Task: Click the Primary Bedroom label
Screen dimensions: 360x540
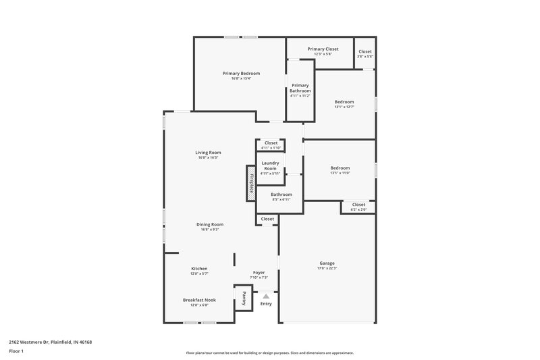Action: click(x=241, y=73)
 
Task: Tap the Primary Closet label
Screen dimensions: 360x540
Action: click(x=323, y=49)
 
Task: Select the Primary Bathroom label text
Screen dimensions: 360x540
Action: click(x=300, y=88)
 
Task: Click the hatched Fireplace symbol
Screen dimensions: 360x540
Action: click(x=251, y=183)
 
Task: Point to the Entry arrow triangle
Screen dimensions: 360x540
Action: click(x=266, y=296)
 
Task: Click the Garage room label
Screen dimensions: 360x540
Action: click(x=327, y=263)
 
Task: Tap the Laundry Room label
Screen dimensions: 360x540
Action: click(x=270, y=165)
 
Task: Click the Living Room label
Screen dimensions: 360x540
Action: click(x=209, y=152)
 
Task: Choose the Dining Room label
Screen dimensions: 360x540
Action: click(x=210, y=224)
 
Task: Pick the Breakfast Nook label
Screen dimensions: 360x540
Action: click(x=199, y=299)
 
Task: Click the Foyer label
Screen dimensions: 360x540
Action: click(x=259, y=272)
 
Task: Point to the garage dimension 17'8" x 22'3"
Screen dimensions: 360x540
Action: click(x=327, y=268)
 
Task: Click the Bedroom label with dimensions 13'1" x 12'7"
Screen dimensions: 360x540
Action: click(x=344, y=102)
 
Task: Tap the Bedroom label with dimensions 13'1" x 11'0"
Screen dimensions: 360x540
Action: click(x=340, y=168)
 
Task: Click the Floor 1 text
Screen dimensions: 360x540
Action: click(x=17, y=352)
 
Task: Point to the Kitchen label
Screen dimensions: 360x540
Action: click(x=198, y=268)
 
